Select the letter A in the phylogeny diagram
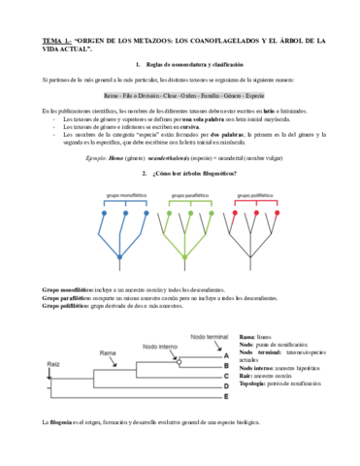tap(225, 355)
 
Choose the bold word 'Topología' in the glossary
tap(252, 384)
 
